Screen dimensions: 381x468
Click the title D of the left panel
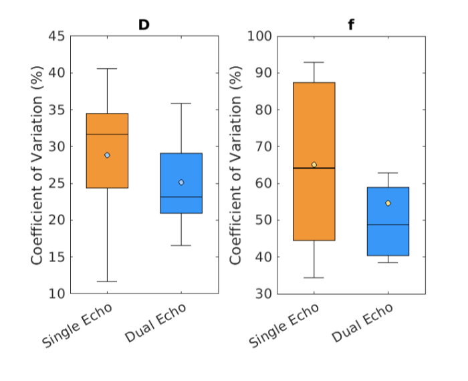point(144,25)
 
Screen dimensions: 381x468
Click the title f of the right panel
point(351,25)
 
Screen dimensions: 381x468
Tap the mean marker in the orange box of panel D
point(107,155)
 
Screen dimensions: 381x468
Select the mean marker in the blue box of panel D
point(181,182)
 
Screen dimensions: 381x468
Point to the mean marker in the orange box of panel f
point(314,164)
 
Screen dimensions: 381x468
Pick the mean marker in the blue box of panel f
point(388,203)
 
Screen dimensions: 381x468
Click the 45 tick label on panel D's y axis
point(57,36)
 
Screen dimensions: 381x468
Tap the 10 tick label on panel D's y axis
point(57,293)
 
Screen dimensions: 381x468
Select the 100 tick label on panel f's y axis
point(259,36)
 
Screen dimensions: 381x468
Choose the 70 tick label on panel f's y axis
point(263,146)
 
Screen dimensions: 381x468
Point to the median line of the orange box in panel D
point(107,134)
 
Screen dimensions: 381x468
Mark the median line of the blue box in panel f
point(388,225)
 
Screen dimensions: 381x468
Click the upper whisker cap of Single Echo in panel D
point(107,69)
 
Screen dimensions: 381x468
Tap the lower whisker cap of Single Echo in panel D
point(107,281)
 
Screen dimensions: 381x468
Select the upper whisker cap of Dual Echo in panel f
point(388,173)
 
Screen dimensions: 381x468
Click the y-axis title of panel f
point(236,164)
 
